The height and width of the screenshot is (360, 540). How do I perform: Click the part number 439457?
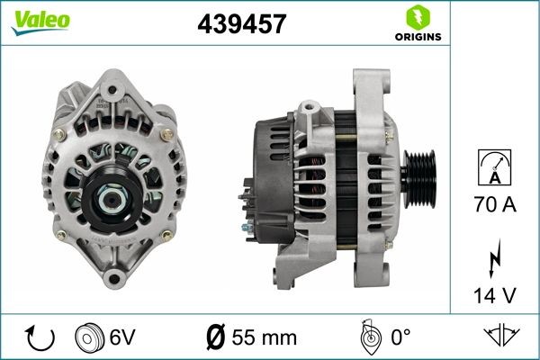tap(241, 25)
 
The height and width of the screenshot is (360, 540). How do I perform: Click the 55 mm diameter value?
tap(264, 337)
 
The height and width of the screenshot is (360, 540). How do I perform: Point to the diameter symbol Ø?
tap(216, 337)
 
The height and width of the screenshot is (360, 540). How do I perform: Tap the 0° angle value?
tap(400, 337)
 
